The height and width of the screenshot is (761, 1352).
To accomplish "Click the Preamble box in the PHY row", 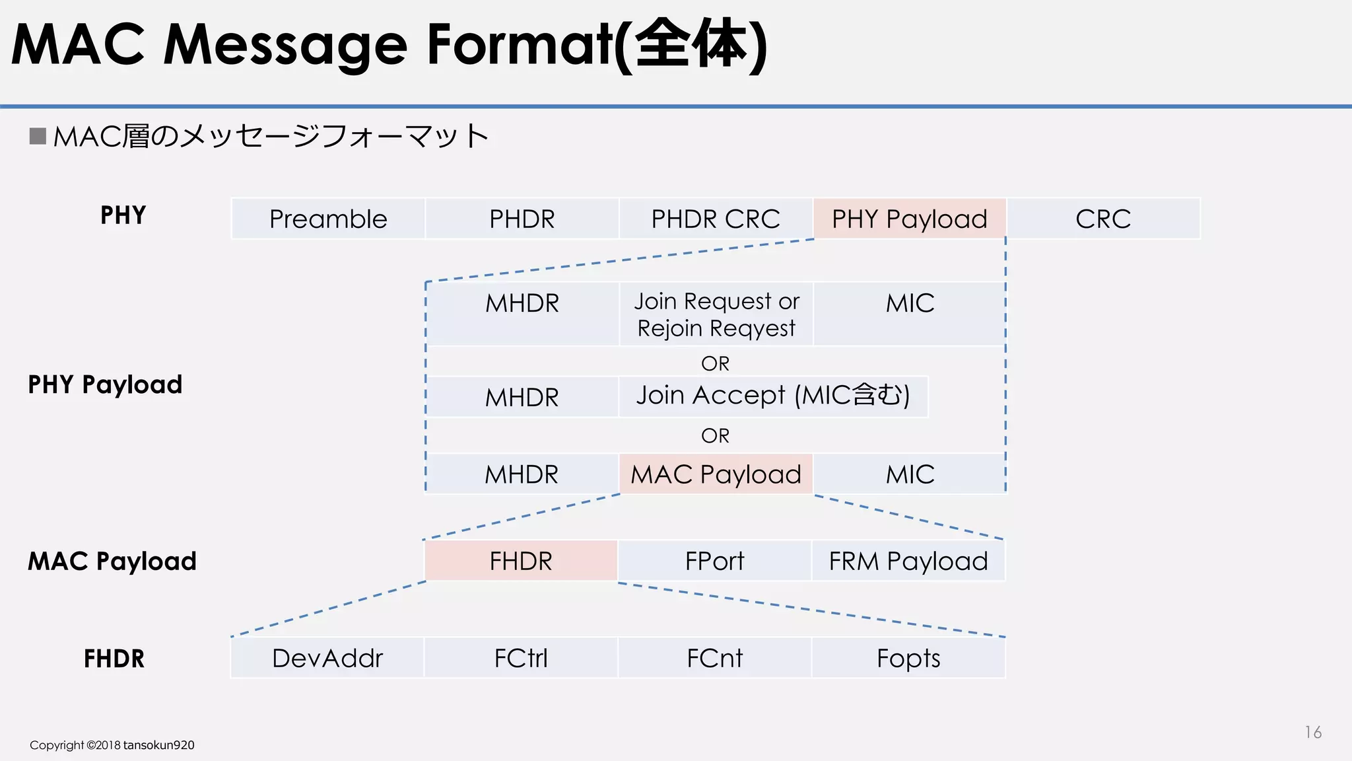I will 328,219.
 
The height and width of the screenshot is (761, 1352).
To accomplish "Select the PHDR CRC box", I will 716,219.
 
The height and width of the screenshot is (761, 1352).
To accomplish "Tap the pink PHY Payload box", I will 910,219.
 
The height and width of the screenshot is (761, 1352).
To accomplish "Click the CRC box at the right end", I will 1103,219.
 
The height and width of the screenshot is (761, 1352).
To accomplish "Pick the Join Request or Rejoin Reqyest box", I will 716,314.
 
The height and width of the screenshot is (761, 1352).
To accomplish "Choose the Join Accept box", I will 773,396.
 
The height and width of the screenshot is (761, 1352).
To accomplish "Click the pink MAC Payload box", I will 716,474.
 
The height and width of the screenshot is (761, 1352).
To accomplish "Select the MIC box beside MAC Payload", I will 910,474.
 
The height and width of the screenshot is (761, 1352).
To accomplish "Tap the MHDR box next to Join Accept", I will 522,397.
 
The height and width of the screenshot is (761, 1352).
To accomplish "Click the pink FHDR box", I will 521,561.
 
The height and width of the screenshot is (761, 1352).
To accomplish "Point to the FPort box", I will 714,561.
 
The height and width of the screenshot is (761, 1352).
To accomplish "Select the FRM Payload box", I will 908,561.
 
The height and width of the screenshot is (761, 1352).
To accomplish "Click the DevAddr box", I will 327,658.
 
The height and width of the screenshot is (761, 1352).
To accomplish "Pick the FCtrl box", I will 521,658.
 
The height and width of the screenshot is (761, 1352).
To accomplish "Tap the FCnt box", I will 714,658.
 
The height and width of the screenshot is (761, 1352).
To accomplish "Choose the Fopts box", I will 908,658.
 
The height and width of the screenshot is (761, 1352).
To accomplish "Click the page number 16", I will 1312,732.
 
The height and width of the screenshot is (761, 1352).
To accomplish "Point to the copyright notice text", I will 112,745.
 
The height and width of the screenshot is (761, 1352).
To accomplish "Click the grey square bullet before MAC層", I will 38,136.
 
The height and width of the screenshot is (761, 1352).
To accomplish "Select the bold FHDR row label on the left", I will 114,659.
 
